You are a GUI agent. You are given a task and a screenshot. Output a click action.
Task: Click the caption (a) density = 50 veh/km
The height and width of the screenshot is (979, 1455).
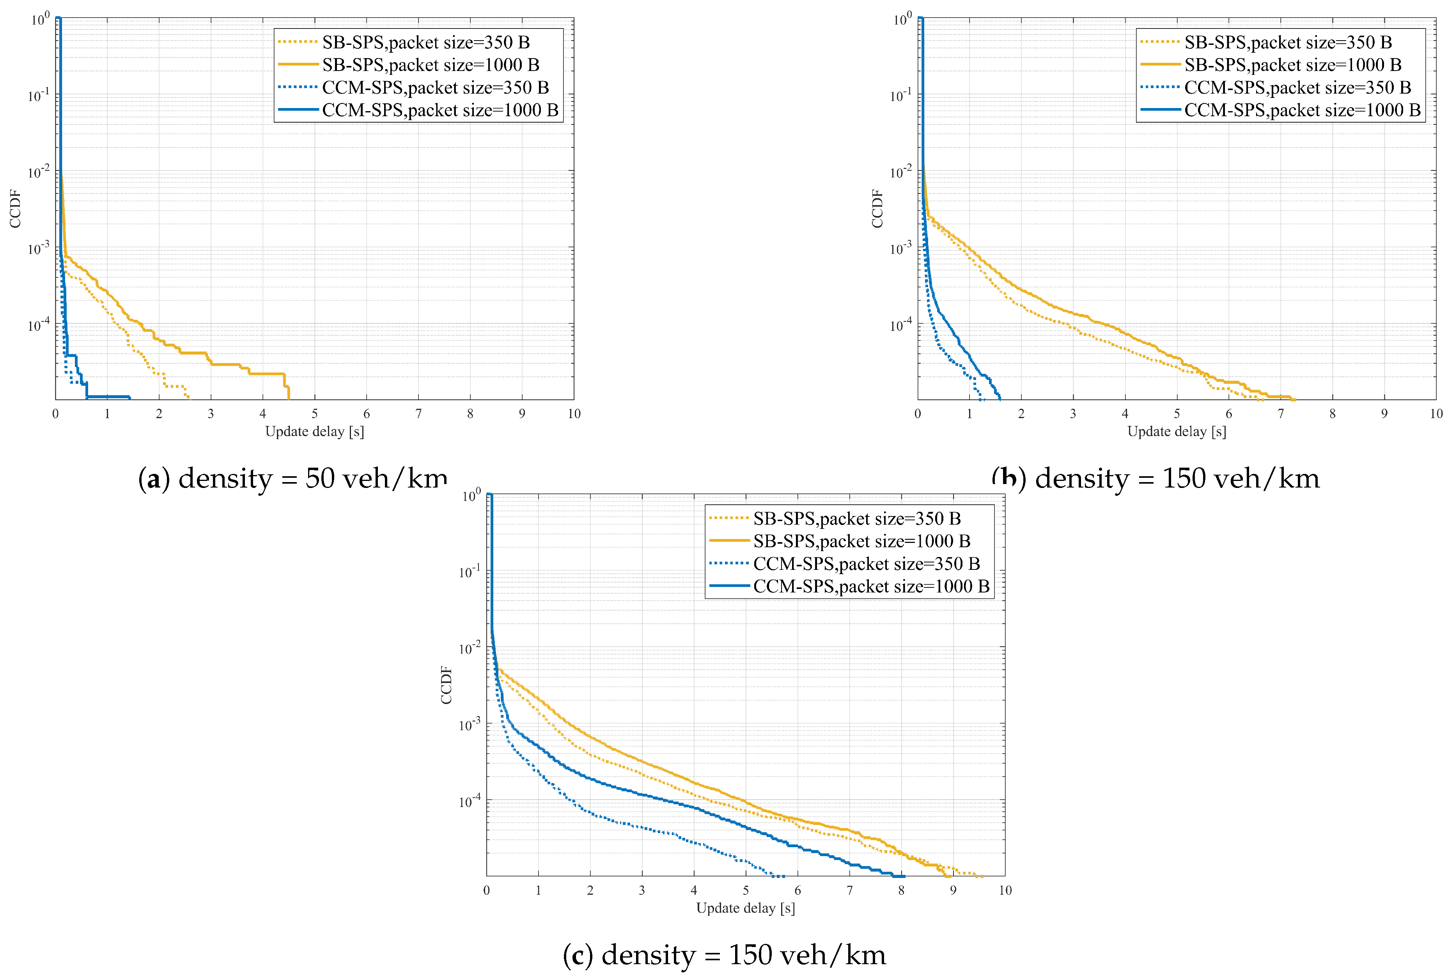(292, 479)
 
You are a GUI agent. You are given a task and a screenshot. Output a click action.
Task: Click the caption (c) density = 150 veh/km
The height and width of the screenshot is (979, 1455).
(724, 955)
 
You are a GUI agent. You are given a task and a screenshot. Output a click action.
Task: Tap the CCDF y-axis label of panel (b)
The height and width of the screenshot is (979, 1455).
(877, 209)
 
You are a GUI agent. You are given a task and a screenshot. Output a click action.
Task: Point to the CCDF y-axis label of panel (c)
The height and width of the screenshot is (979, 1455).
(446, 685)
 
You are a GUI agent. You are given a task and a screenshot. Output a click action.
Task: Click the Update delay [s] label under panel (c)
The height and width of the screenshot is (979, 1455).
(745, 908)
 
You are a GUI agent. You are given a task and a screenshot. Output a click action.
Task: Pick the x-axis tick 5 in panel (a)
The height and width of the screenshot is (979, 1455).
(315, 413)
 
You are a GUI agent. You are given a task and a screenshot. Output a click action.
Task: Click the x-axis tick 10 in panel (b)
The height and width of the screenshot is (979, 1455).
(1436, 413)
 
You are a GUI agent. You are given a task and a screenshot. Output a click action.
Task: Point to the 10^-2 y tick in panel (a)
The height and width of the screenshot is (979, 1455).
(38, 172)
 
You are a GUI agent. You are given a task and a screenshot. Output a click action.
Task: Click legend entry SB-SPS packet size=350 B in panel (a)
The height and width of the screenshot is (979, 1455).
(426, 43)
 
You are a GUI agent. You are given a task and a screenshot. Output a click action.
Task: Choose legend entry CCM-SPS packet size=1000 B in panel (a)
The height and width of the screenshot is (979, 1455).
(440, 110)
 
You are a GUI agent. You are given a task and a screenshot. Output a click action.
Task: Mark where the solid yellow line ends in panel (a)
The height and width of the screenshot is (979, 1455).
(288, 398)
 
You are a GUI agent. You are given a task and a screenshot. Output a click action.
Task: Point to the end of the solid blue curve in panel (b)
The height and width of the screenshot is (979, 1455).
(1000, 398)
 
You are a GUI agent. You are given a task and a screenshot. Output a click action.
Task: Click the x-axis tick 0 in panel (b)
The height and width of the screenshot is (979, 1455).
(918, 413)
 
